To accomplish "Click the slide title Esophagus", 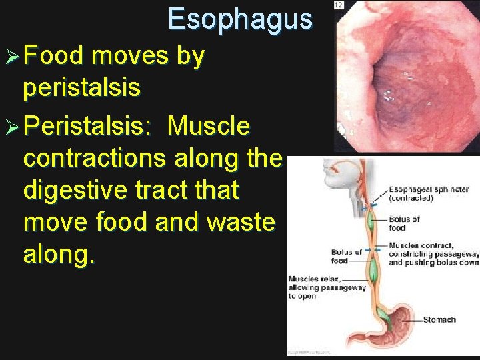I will [x=240, y=19].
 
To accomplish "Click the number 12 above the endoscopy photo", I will [x=339, y=5].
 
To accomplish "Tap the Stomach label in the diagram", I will [x=439, y=320].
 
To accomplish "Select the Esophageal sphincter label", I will [x=428, y=189].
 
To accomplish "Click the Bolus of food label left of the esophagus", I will [x=346, y=256].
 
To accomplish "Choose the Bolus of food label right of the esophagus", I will [x=404, y=223].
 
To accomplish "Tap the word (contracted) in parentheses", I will [x=411, y=198].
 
